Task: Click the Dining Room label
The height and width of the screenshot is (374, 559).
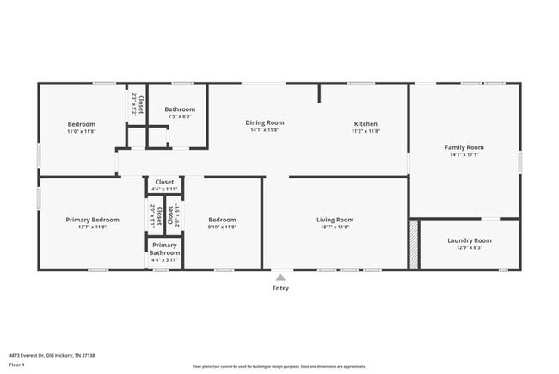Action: (264, 123)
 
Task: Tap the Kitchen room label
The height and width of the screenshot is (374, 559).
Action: (365, 123)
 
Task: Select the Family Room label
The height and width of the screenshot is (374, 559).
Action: (464, 147)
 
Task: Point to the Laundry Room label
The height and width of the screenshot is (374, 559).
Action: (470, 240)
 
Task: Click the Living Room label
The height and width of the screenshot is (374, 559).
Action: (335, 220)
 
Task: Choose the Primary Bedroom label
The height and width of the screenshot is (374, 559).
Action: (92, 220)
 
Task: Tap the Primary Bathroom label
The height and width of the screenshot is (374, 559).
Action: (164, 248)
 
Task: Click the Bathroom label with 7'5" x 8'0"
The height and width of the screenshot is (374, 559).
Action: (180, 109)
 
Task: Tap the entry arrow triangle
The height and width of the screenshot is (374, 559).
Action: (280, 277)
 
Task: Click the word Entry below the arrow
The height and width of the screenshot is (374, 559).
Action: (280, 288)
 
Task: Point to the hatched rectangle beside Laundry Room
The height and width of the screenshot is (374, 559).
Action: (414, 245)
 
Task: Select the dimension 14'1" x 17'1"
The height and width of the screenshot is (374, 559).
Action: (464, 155)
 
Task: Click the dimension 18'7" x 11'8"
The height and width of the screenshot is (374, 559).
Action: (335, 228)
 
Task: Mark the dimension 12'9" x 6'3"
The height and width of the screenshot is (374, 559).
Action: (470, 248)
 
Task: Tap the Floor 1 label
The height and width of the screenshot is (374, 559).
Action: (17, 365)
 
